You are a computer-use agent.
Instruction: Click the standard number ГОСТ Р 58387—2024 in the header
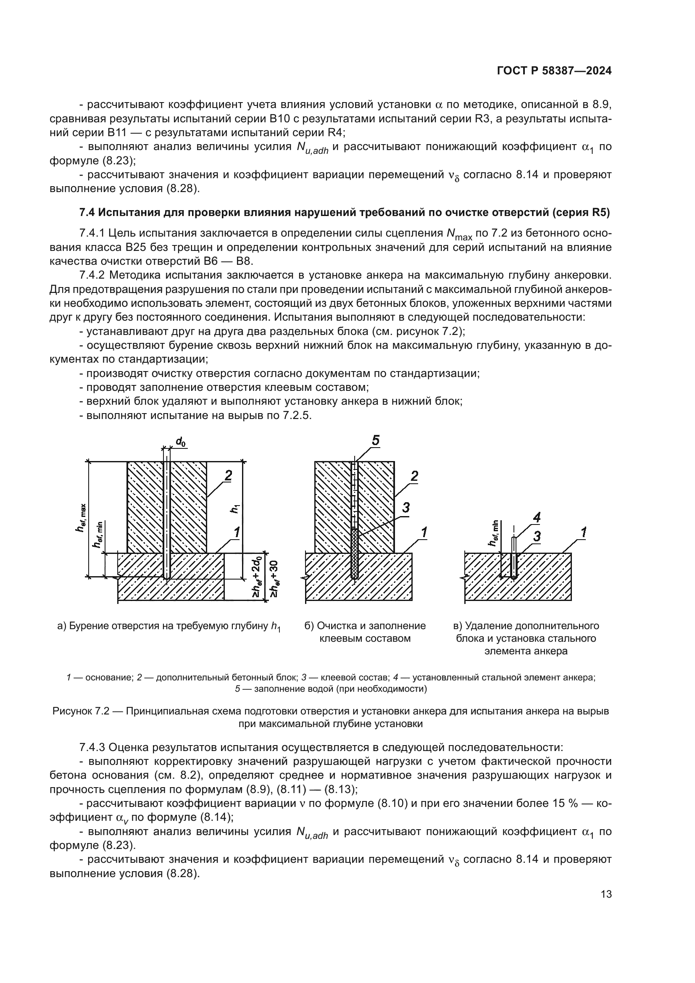pos(554,71)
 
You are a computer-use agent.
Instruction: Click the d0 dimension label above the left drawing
pos(181,441)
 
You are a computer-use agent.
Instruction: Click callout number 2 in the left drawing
pos(228,475)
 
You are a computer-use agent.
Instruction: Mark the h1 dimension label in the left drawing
pos(235,509)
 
